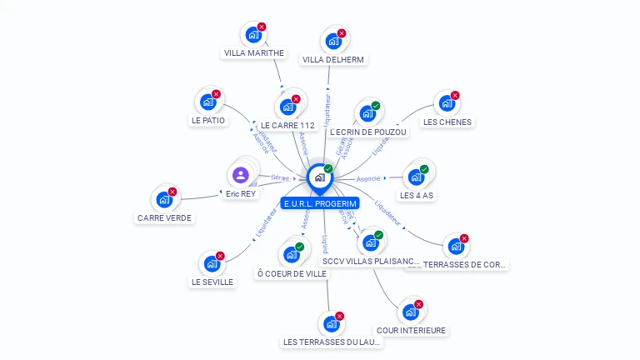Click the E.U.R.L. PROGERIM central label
(320, 203)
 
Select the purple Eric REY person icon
(241, 175)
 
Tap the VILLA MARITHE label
(254, 52)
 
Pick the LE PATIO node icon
(207, 102)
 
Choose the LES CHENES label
(447, 122)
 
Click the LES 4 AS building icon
(415, 177)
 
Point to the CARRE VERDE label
(164, 217)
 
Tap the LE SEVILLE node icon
(212, 263)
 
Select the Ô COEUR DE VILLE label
(292, 273)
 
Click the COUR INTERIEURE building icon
(410, 312)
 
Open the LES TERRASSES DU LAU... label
(332, 342)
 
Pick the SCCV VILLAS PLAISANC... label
(372, 261)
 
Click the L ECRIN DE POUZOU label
(368, 132)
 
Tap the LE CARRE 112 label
(287, 126)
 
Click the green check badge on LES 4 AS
(424, 169)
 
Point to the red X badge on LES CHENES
(455, 95)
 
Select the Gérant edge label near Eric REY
(281, 177)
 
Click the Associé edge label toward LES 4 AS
(368, 178)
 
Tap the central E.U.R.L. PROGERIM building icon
(319, 177)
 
